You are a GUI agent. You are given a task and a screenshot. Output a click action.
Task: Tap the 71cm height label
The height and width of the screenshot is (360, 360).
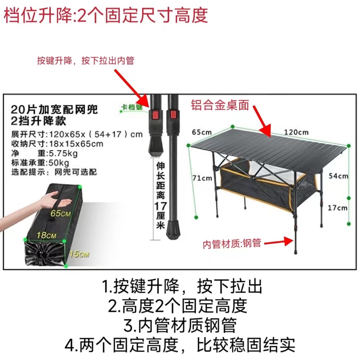click(202, 178)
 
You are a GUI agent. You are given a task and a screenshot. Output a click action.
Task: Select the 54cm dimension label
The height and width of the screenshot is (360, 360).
click(338, 176)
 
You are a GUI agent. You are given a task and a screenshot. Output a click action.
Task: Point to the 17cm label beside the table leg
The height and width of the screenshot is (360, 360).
click(337, 208)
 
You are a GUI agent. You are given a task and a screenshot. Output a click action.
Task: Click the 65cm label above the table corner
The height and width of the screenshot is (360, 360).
click(202, 133)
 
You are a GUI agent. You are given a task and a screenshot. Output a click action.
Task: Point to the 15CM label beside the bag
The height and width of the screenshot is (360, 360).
click(79, 253)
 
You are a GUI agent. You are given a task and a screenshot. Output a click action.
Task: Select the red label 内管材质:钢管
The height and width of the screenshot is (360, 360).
click(232, 243)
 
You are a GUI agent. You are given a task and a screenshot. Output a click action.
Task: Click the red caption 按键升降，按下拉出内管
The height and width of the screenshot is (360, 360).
click(86, 60)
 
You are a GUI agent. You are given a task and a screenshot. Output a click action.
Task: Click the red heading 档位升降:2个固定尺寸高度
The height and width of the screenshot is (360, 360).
click(106, 15)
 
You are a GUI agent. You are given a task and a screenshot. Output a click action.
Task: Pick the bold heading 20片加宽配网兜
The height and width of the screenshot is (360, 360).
click(54, 109)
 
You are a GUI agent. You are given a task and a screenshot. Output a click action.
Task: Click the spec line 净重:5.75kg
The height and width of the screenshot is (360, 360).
click(44, 153)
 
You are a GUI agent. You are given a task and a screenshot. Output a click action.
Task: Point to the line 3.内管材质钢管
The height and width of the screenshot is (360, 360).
click(180, 326)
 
